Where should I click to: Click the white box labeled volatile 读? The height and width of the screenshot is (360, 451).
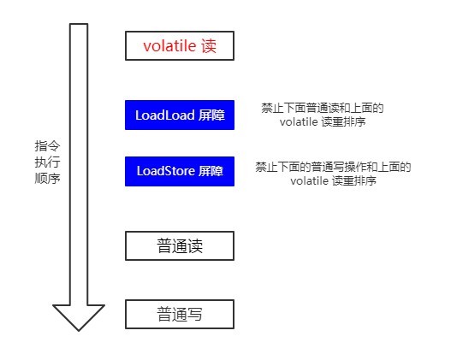[179, 45]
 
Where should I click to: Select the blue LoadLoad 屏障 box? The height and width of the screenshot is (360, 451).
[179, 115]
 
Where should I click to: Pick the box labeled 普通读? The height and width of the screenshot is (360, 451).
[179, 246]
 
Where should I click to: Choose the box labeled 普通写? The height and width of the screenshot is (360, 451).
[179, 314]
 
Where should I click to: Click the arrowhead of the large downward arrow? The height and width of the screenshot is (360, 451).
[79, 316]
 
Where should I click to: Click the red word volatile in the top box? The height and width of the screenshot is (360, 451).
[169, 45]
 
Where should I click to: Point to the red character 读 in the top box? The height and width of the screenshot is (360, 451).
[209, 45]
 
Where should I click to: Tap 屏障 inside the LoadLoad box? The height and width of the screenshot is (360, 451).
[208, 115]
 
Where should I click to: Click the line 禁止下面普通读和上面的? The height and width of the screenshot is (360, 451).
[322, 108]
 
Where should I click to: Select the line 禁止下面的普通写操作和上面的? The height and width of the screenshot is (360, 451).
[333, 167]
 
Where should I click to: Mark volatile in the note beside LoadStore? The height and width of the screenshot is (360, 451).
[309, 181]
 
